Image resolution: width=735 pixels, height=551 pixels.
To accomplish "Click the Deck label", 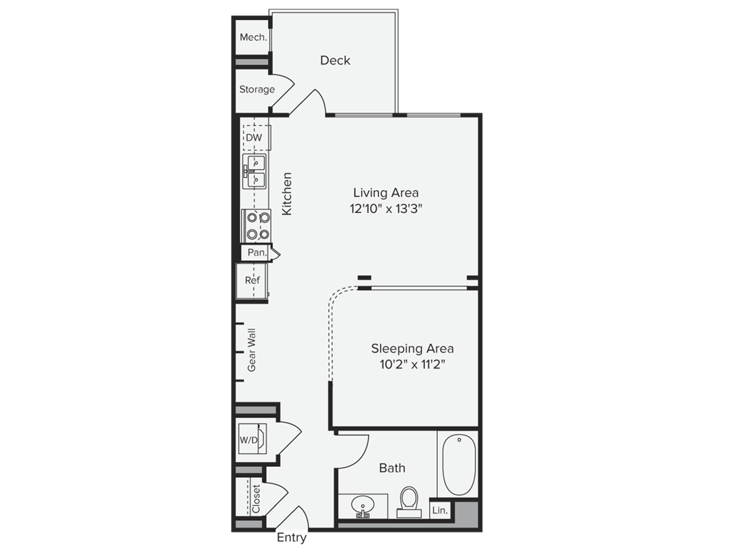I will (335, 60).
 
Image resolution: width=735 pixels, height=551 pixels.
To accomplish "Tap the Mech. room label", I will (253, 37).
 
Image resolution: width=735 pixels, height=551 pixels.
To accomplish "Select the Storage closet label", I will (257, 90).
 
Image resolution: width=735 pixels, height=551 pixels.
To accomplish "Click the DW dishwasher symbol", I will (254, 137).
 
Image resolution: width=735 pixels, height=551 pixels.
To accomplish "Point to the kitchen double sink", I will (255, 171).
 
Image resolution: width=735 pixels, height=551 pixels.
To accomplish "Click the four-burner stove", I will (256, 225).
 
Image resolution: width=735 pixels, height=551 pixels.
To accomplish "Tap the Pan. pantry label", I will (256, 253).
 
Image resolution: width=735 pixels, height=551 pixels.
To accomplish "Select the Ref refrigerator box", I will (252, 280).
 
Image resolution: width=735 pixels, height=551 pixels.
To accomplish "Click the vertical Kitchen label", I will (287, 194).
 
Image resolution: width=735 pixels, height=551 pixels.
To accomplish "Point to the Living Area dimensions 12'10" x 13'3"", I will (386, 209).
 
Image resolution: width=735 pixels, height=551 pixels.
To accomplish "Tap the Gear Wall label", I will (252, 350).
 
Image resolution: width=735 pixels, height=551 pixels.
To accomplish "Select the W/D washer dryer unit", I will (252, 439).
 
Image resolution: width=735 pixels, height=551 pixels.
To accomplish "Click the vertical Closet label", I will (256, 499).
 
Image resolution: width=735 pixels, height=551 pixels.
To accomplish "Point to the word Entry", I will (292, 538).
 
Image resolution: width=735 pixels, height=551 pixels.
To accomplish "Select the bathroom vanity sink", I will (364, 507).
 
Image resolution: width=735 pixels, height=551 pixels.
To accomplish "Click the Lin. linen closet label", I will (440, 510).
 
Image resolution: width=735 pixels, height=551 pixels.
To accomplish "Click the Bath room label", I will (392, 468).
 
